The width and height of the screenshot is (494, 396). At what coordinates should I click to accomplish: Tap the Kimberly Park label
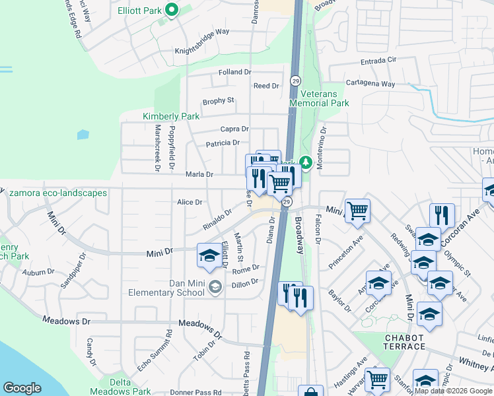click(x=171, y=116)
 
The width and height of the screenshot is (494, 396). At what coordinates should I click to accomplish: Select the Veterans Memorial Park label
click(x=320, y=99)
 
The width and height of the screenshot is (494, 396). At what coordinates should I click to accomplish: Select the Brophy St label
click(x=219, y=100)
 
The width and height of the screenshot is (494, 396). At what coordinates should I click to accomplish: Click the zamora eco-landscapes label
click(x=58, y=193)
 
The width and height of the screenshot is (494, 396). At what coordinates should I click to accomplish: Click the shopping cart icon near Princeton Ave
click(x=357, y=211)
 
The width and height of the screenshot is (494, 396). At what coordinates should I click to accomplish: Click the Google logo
click(x=22, y=388)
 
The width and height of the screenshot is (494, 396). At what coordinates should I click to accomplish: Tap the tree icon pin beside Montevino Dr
click(x=306, y=162)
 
